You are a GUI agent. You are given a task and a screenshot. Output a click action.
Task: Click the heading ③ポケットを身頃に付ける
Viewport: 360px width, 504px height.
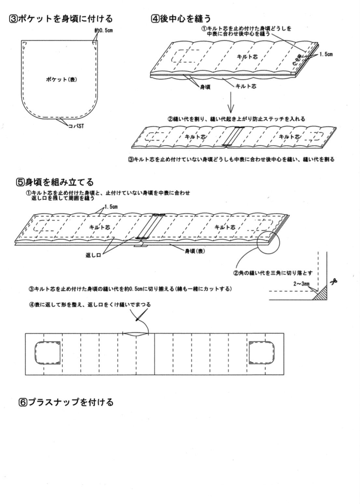(x=61, y=19)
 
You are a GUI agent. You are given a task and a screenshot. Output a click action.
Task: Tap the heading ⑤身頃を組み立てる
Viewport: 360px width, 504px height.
(x=55, y=182)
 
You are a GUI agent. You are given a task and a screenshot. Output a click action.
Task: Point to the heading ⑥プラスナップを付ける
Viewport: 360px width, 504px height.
(x=66, y=402)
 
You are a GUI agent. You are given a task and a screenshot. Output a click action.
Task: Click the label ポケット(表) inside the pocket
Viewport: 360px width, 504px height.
(x=62, y=79)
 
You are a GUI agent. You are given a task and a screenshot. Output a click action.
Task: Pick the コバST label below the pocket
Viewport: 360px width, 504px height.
(x=76, y=126)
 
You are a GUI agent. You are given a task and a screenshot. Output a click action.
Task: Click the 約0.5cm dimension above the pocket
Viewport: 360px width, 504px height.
(x=104, y=31)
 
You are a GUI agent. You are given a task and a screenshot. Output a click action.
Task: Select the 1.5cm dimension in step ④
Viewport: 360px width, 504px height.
(x=326, y=54)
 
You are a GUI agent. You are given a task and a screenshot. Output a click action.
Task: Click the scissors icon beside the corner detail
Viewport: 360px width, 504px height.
(x=334, y=282)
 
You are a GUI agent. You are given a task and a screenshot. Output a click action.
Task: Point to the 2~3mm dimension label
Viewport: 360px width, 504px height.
(x=301, y=284)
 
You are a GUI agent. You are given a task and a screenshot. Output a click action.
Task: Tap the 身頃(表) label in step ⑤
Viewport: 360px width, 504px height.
(x=195, y=251)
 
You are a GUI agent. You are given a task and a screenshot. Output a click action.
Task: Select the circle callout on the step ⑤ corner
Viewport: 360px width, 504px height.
(x=268, y=241)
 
